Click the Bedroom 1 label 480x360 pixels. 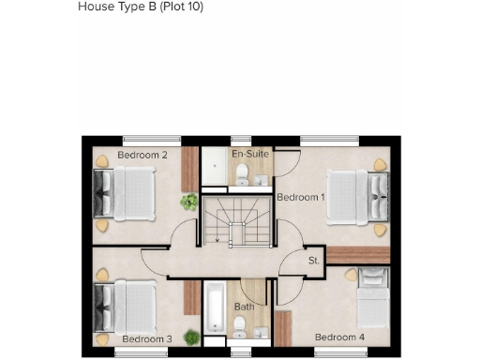click(300, 197)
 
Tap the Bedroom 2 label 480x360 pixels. click(142, 154)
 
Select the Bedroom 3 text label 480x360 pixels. click(147, 338)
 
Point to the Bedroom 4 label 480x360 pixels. click(339, 337)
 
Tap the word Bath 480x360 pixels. click(244, 307)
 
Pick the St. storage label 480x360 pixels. click(314, 261)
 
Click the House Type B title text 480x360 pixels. click(141, 7)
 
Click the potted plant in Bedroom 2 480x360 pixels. click(190, 201)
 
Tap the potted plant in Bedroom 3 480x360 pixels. click(192, 336)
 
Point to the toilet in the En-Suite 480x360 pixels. click(242, 172)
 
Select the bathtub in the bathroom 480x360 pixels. click(215, 307)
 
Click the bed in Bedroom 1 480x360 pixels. click(352, 197)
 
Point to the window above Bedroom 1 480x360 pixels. click(329, 140)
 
